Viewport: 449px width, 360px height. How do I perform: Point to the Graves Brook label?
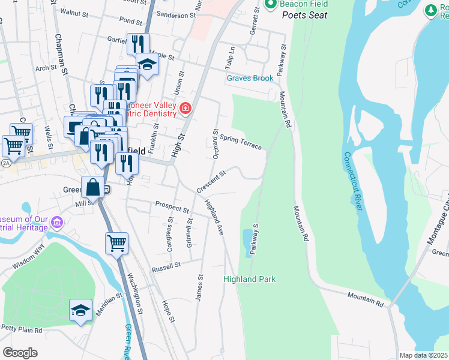(250, 78)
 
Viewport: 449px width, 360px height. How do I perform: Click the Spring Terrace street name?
(241, 142)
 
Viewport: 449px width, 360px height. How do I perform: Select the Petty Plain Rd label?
(21, 329)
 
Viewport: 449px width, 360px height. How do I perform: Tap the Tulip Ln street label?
(229, 58)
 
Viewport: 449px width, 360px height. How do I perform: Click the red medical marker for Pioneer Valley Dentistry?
(185, 108)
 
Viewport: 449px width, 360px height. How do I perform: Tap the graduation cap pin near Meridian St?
(80, 310)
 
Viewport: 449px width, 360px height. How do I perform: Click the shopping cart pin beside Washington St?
(116, 243)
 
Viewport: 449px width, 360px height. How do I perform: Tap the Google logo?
(20, 352)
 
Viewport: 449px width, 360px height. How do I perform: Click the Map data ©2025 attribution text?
(423, 355)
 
